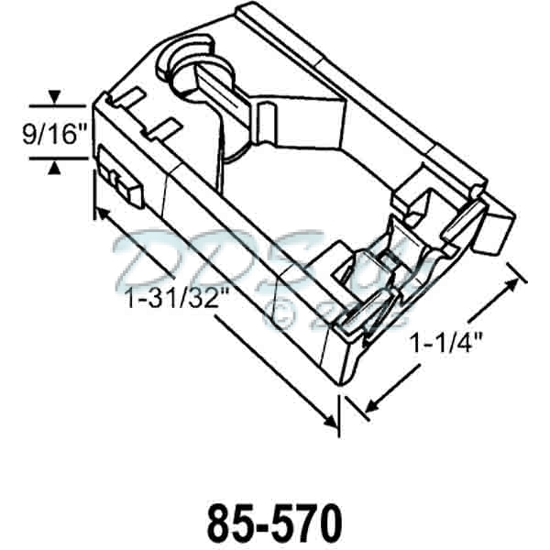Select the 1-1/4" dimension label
(x=446, y=346)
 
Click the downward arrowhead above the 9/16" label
(x=54, y=96)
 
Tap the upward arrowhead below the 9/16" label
(x=54, y=167)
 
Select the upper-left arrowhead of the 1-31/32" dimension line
(x=100, y=214)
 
